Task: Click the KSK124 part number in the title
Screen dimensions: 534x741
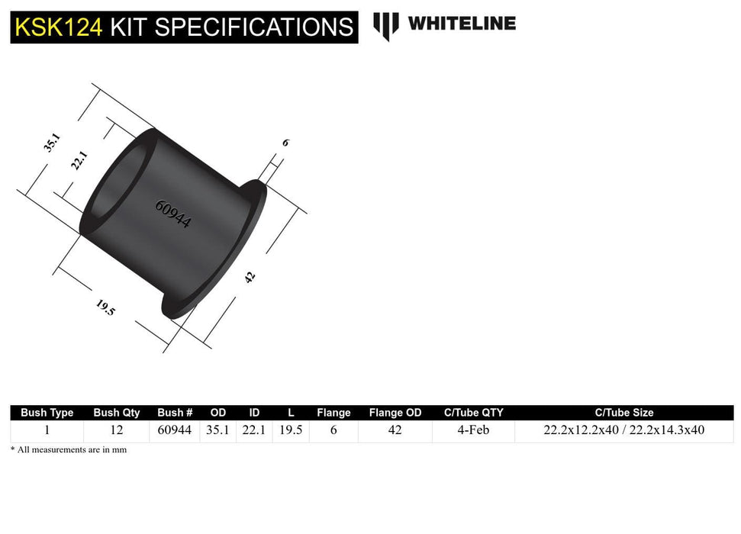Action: click(58, 27)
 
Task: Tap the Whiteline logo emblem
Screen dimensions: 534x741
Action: click(385, 26)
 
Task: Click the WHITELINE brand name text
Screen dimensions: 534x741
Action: click(462, 23)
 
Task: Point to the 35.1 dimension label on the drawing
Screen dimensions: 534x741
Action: click(52, 143)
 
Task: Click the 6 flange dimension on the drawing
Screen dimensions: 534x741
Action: click(285, 143)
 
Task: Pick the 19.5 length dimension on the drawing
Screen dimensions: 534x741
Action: click(105, 307)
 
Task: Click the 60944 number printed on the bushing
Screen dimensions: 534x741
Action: click(173, 214)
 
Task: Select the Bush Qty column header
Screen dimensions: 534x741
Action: click(117, 413)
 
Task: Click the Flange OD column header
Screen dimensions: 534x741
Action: click(395, 413)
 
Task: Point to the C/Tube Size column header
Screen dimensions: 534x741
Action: click(623, 413)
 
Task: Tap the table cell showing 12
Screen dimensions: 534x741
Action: click(117, 430)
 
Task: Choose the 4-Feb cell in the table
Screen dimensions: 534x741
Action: click(473, 430)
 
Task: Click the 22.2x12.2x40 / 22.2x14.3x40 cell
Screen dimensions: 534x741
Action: click(623, 430)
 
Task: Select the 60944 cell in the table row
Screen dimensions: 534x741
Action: click(175, 430)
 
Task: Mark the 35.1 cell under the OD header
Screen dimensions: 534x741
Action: click(217, 430)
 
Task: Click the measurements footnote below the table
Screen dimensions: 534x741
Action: click(69, 450)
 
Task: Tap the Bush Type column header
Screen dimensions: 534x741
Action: click(47, 413)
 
